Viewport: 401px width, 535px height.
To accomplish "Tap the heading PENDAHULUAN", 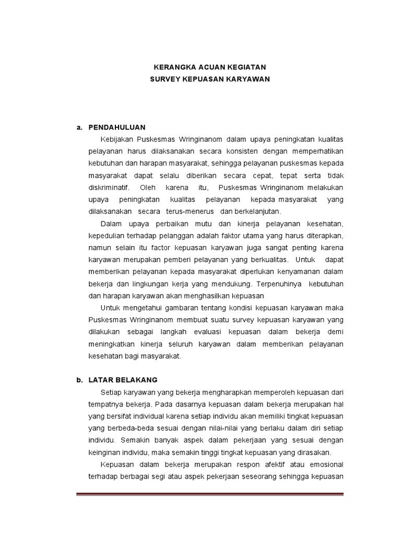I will click(x=117, y=127).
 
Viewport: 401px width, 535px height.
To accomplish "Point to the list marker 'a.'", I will click(x=80, y=127).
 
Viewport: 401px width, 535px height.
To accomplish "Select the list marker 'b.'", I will click(x=80, y=380).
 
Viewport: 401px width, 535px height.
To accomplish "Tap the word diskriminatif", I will click(x=109, y=188).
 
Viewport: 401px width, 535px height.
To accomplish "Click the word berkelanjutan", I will click(x=255, y=212).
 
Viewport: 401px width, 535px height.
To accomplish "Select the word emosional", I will click(x=324, y=464).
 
